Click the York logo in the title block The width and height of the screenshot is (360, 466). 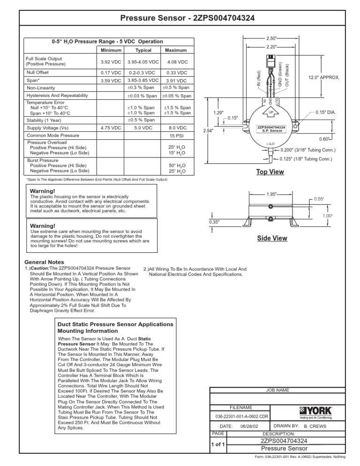(315, 413)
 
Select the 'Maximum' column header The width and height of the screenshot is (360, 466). (176, 50)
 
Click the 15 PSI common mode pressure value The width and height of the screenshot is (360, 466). (176, 135)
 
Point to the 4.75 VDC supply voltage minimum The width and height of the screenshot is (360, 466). (111, 128)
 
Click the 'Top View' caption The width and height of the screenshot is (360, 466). (270, 172)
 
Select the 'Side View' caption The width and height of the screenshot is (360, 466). (272, 239)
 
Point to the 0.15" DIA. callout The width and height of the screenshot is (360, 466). (326, 112)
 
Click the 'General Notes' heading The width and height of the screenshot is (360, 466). (44, 262)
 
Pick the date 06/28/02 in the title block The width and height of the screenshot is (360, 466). (246, 427)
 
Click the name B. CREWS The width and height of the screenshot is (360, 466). (315, 427)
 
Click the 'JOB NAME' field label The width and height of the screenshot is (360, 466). (278, 390)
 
